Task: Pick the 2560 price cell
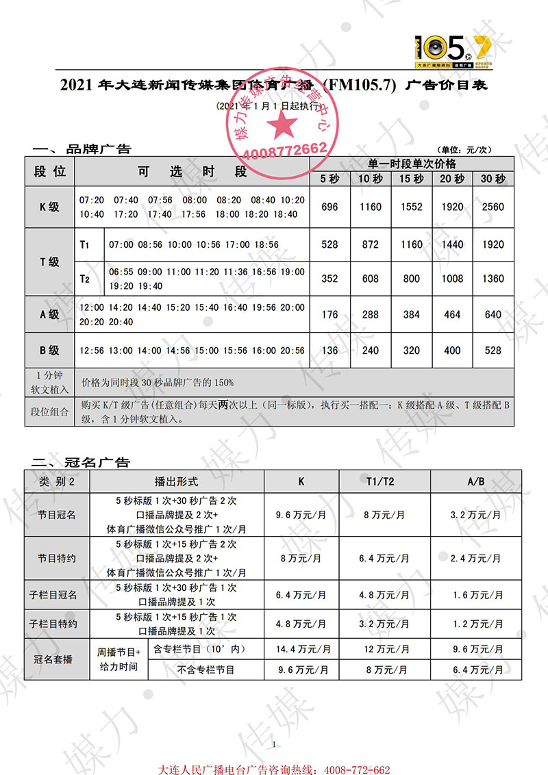pos(493,207)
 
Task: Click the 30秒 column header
pos(493,179)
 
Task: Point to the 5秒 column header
pos(329,179)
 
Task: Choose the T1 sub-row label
pos(86,244)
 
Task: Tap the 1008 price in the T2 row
pos(452,279)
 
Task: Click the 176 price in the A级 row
pos(329,315)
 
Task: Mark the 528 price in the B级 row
pos(493,351)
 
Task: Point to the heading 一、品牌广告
pos(81,149)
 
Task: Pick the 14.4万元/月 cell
pos(303,648)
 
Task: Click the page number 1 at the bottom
pos(274,745)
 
